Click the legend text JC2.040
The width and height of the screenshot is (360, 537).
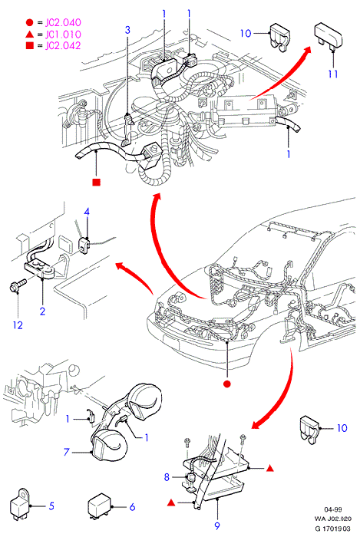point(64,22)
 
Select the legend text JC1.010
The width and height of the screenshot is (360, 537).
point(64,35)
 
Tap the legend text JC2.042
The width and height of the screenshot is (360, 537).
point(64,45)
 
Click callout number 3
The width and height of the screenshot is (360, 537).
point(127,30)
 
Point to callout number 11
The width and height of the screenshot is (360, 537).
point(333,74)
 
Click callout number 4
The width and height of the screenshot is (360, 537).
point(87,212)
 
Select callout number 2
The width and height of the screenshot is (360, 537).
point(42,311)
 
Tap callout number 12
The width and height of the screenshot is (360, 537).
point(18,325)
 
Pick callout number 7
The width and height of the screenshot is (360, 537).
point(67,452)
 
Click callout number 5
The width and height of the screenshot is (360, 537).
point(51,506)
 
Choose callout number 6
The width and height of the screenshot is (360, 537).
point(132,507)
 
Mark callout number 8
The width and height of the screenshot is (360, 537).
point(167,476)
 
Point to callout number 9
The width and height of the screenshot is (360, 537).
point(217,525)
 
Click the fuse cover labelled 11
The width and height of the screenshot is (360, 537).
point(328,35)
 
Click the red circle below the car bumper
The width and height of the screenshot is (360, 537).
point(226,384)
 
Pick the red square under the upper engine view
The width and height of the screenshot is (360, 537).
point(97,183)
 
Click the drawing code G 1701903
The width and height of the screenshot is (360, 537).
point(333,529)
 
